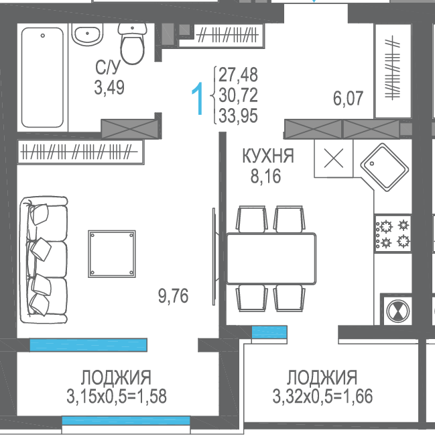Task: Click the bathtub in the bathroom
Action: [42, 77]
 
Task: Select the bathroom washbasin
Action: [87, 34]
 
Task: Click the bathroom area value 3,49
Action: [109, 88]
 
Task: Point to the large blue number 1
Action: [198, 98]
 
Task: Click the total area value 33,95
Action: [239, 115]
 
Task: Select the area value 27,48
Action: [239, 75]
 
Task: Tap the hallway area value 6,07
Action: [348, 98]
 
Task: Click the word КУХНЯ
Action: [268, 156]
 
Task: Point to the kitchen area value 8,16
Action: [266, 176]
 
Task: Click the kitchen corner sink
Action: [385, 167]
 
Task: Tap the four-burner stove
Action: [393, 234]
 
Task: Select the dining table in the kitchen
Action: [271, 259]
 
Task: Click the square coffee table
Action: [112, 254]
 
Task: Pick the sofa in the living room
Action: [44, 260]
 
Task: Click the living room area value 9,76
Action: [173, 296]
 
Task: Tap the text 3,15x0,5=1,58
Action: [117, 396]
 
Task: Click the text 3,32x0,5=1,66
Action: [322, 396]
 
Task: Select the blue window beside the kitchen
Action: [269, 332]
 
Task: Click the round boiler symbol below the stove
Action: [398, 311]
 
